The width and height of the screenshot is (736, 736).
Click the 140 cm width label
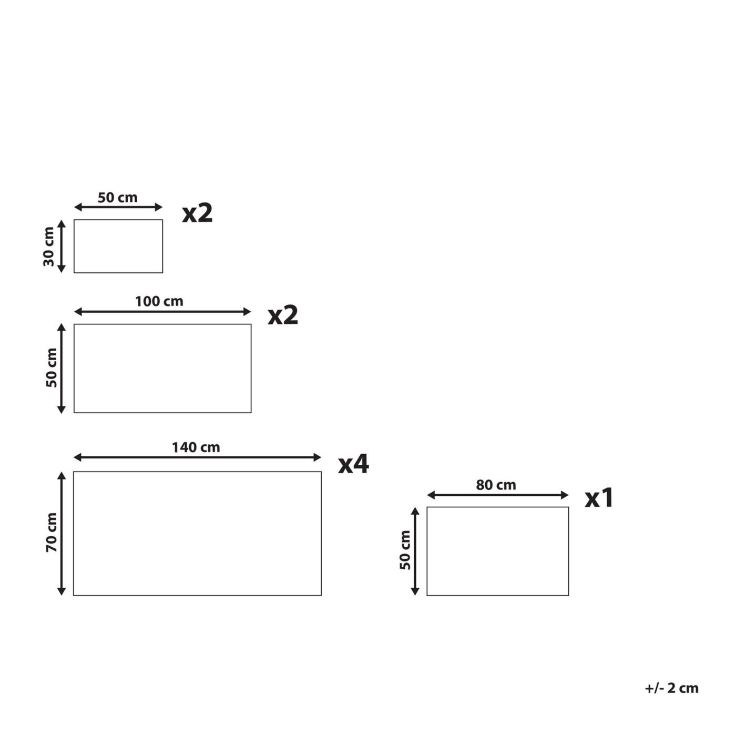196,447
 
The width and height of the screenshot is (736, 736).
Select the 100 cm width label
159,301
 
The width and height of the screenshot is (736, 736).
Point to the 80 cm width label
496,485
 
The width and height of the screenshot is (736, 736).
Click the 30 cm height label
49,247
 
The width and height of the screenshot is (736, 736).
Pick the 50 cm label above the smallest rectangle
118,198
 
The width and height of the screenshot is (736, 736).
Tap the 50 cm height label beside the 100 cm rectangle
52,368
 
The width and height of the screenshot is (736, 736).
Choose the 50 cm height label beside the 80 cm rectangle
405,550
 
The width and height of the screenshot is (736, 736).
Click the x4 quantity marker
353,464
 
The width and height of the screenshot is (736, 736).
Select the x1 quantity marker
598,498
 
